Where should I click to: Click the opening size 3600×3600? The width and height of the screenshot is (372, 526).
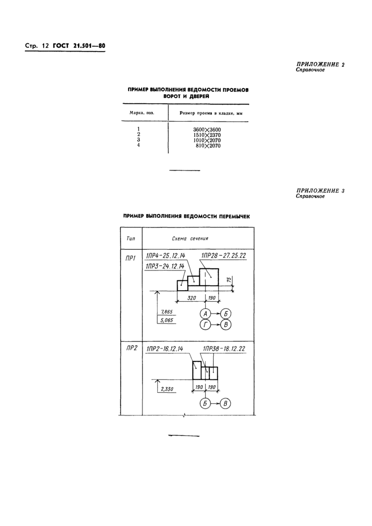click(x=208, y=130)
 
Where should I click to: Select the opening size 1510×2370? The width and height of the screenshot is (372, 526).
click(x=208, y=135)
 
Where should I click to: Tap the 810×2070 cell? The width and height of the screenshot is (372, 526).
click(x=208, y=146)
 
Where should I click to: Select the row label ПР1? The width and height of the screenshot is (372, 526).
click(x=131, y=259)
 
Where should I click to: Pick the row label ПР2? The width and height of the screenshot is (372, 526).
click(x=131, y=349)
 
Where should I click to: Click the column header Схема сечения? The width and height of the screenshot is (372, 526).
click(x=190, y=239)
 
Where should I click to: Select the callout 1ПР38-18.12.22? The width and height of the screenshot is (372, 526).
click(x=227, y=349)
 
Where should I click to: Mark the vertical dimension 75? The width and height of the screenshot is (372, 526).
click(x=229, y=280)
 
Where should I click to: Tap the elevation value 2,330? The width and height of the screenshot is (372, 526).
click(x=166, y=389)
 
